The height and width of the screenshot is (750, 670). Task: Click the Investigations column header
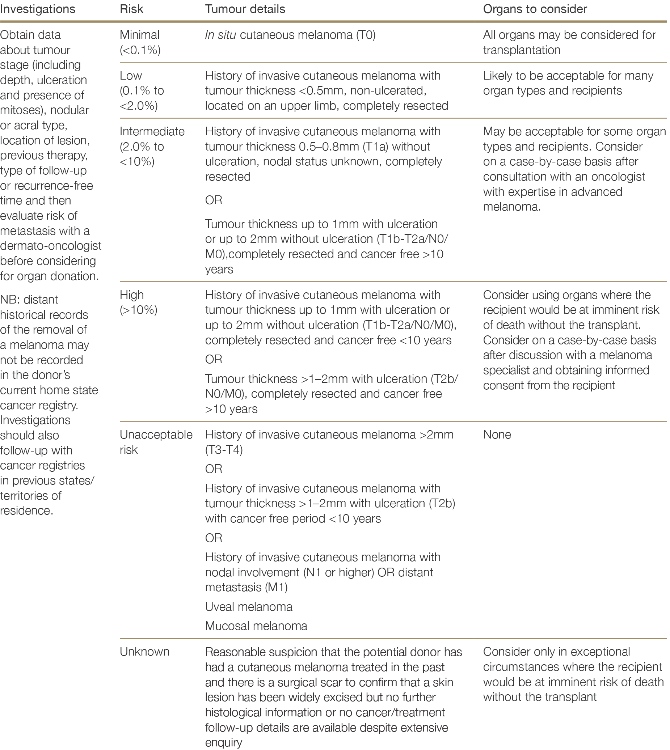coord(38,9)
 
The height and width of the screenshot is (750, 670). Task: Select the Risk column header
coord(131,9)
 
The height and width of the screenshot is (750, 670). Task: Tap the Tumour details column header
coord(245,9)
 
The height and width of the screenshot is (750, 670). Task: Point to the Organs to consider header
coord(535,9)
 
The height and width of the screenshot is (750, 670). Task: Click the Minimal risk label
coord(139,35)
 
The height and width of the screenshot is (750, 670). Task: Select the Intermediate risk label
coord(152,131)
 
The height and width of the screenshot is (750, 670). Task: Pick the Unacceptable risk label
coord(156,435)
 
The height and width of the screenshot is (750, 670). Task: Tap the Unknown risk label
coord(144,652)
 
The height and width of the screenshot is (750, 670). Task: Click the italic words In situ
coord(220,35)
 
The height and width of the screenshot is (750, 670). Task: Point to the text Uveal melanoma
coord(248,607)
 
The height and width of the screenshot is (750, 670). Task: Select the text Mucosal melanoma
coord(256,626)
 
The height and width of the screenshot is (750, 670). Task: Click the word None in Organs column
coord(497,435)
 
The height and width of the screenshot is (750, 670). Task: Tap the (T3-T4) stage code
coord(224,450)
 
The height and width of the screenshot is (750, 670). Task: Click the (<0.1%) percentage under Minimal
coord(140,50)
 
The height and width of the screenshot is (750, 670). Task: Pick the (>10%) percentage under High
coord(138,310)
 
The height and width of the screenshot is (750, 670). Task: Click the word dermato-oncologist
coord(51,246)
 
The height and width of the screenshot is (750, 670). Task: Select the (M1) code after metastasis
coord(276,587)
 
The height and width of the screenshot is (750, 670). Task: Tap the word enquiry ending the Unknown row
coord(223,743)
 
